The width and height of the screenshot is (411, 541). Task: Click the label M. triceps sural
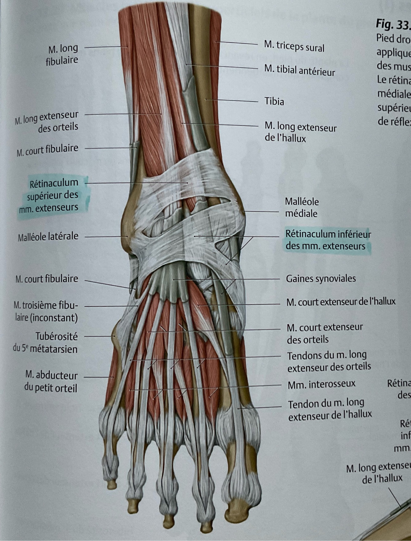[x=294, y=47]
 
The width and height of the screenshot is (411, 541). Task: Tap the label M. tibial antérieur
[x=299, y=70]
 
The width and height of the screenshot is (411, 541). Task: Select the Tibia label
[x=274, y=101]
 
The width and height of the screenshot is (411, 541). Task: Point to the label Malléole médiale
[x=302, y=207]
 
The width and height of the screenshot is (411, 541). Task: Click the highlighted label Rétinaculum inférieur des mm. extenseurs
[x=328, y=240]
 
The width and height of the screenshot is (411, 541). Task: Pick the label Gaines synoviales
[x=321, y=279]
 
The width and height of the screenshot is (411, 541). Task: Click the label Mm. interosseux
[x=321, y=384]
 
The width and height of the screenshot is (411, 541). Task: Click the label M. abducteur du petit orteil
[x=51, y=381]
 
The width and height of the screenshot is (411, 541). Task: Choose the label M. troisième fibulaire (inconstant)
[x=46, y=311]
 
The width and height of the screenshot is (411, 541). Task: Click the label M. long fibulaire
[x=62, y=54]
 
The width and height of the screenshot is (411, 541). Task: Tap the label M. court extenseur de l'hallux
[x=341, y=302]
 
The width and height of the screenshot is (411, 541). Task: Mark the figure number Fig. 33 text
[x=393, y=25]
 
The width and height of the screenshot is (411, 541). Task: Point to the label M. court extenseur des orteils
[x=324, y=333]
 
